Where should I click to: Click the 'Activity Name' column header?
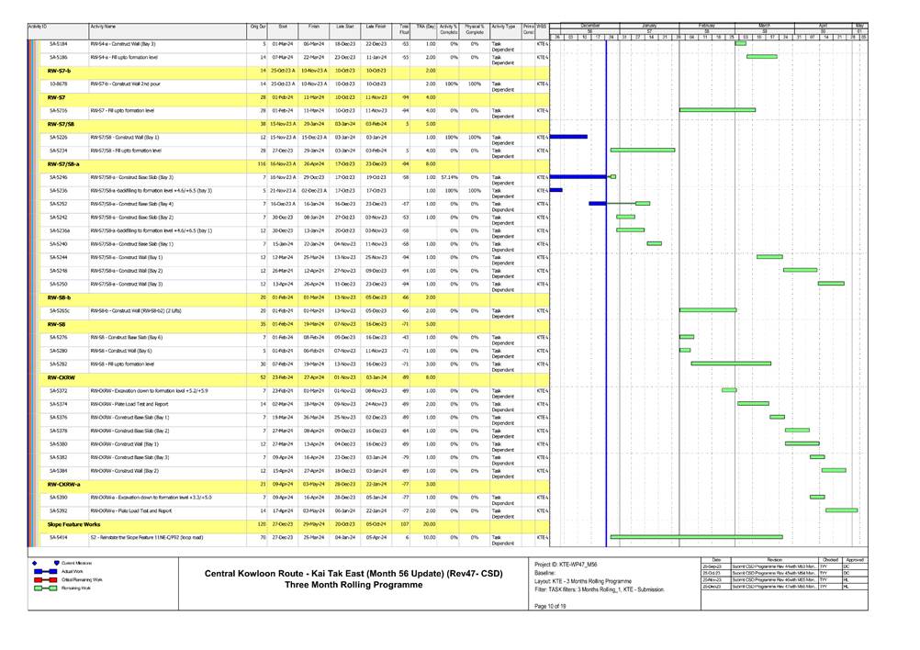pos(104,28)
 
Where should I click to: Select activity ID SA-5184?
pos(58,43)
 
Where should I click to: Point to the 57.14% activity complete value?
pos(447,176)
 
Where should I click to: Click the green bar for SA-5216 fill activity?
pos(717,109)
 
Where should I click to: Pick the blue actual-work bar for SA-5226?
pos(568,136)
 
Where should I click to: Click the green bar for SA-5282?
pos(731,364)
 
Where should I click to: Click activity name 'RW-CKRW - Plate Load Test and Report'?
pos(129,403)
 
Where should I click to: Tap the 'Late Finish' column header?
pos(376,28)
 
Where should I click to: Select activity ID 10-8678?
pos(57,83)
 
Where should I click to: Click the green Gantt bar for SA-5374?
pos(753,403)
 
